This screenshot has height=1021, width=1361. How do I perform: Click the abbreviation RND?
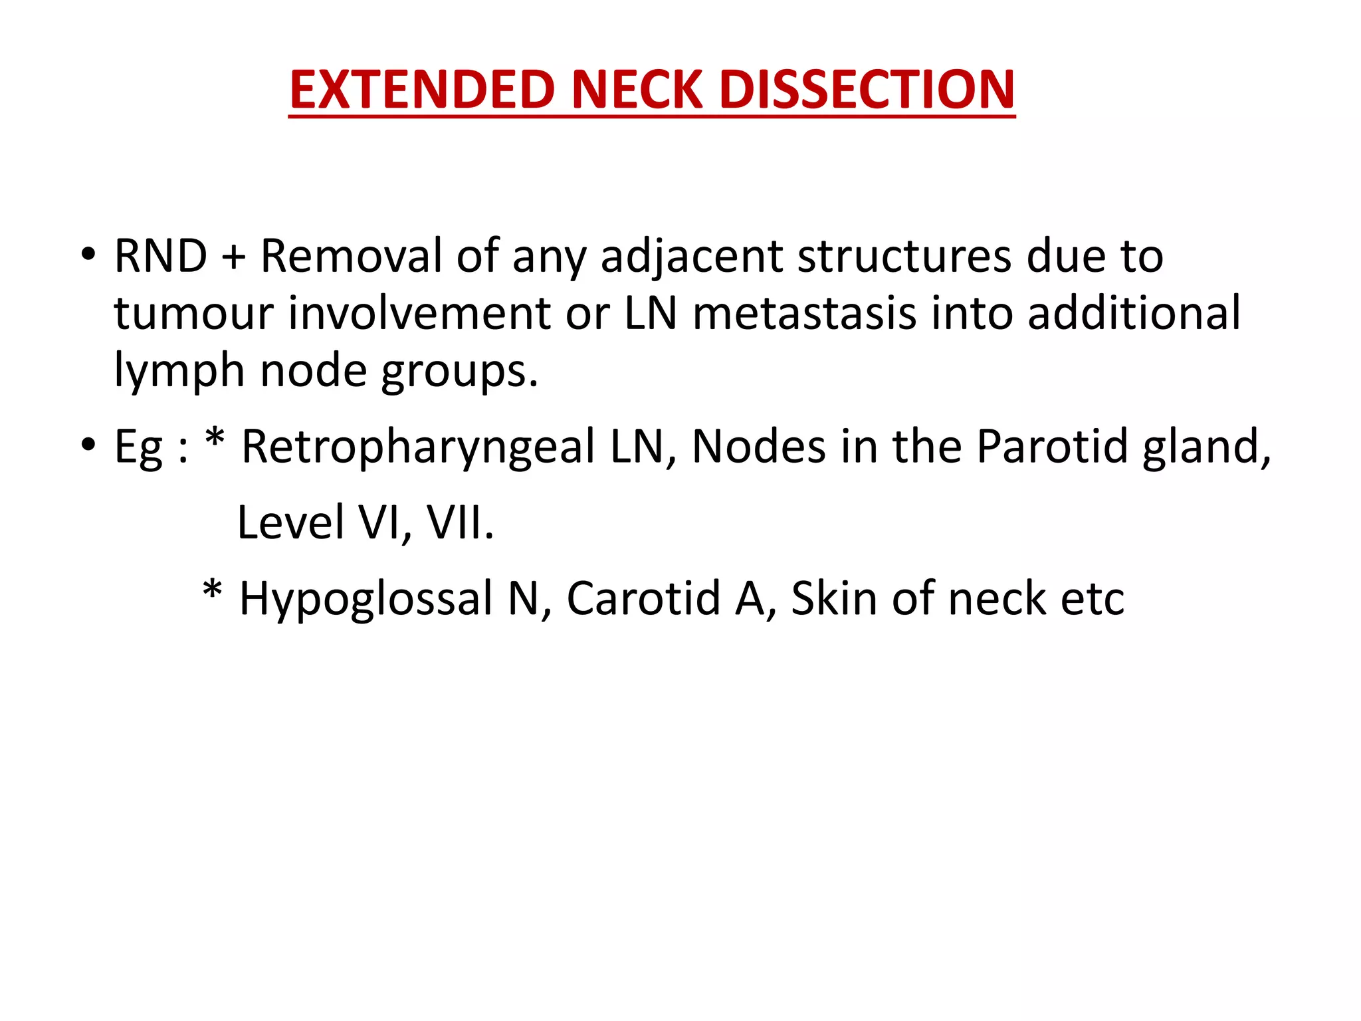[x=161, y=256]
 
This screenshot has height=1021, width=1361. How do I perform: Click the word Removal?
[x=351, y=256]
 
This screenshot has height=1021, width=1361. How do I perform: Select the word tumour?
[x=193, y=314]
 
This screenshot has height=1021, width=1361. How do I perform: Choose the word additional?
[x=1134, y=313]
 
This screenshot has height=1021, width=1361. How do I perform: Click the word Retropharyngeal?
[x=418, y=447]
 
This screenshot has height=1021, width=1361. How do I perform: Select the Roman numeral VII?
[x=459, y=522]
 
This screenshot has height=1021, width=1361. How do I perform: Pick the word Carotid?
[x=644, y=598]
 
